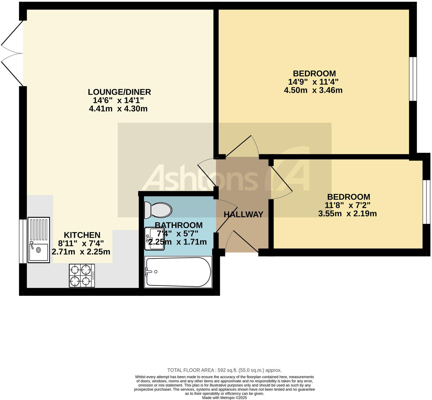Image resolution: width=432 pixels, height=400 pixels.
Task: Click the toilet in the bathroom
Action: tap(158, 210)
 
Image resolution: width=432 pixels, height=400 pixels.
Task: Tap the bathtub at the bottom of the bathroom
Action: tap(178, 272)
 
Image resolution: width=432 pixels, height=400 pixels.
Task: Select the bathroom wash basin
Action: tap(154, 238)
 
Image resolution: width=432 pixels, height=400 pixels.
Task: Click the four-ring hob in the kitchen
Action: tap(82, 276)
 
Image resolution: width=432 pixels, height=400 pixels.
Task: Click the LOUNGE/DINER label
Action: tap(119, 92)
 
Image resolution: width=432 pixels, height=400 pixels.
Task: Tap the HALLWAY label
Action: tap(243, 214)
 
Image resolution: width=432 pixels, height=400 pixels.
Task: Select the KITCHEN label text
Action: tap(82, 235)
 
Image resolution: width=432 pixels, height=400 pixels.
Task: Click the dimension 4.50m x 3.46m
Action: tap(313, 90)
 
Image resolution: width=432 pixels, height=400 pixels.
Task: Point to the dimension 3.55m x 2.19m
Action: tap(347, 214)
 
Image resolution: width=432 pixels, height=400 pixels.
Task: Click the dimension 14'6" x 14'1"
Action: tap(118, 101)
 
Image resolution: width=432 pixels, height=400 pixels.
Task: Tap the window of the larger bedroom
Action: tap(413, 79)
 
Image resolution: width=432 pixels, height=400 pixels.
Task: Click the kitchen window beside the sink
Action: tap(23, 241)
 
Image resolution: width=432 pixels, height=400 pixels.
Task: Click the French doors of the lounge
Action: tap(12, 53)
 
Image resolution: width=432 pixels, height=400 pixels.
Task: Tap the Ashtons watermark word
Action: tap(199, 178)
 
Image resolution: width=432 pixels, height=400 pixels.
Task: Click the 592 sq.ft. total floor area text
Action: tap(224, 370)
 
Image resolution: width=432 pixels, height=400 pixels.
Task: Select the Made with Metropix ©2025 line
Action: tap(224, 398)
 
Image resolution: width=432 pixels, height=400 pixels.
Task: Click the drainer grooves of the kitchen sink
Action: tap(39, 229)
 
